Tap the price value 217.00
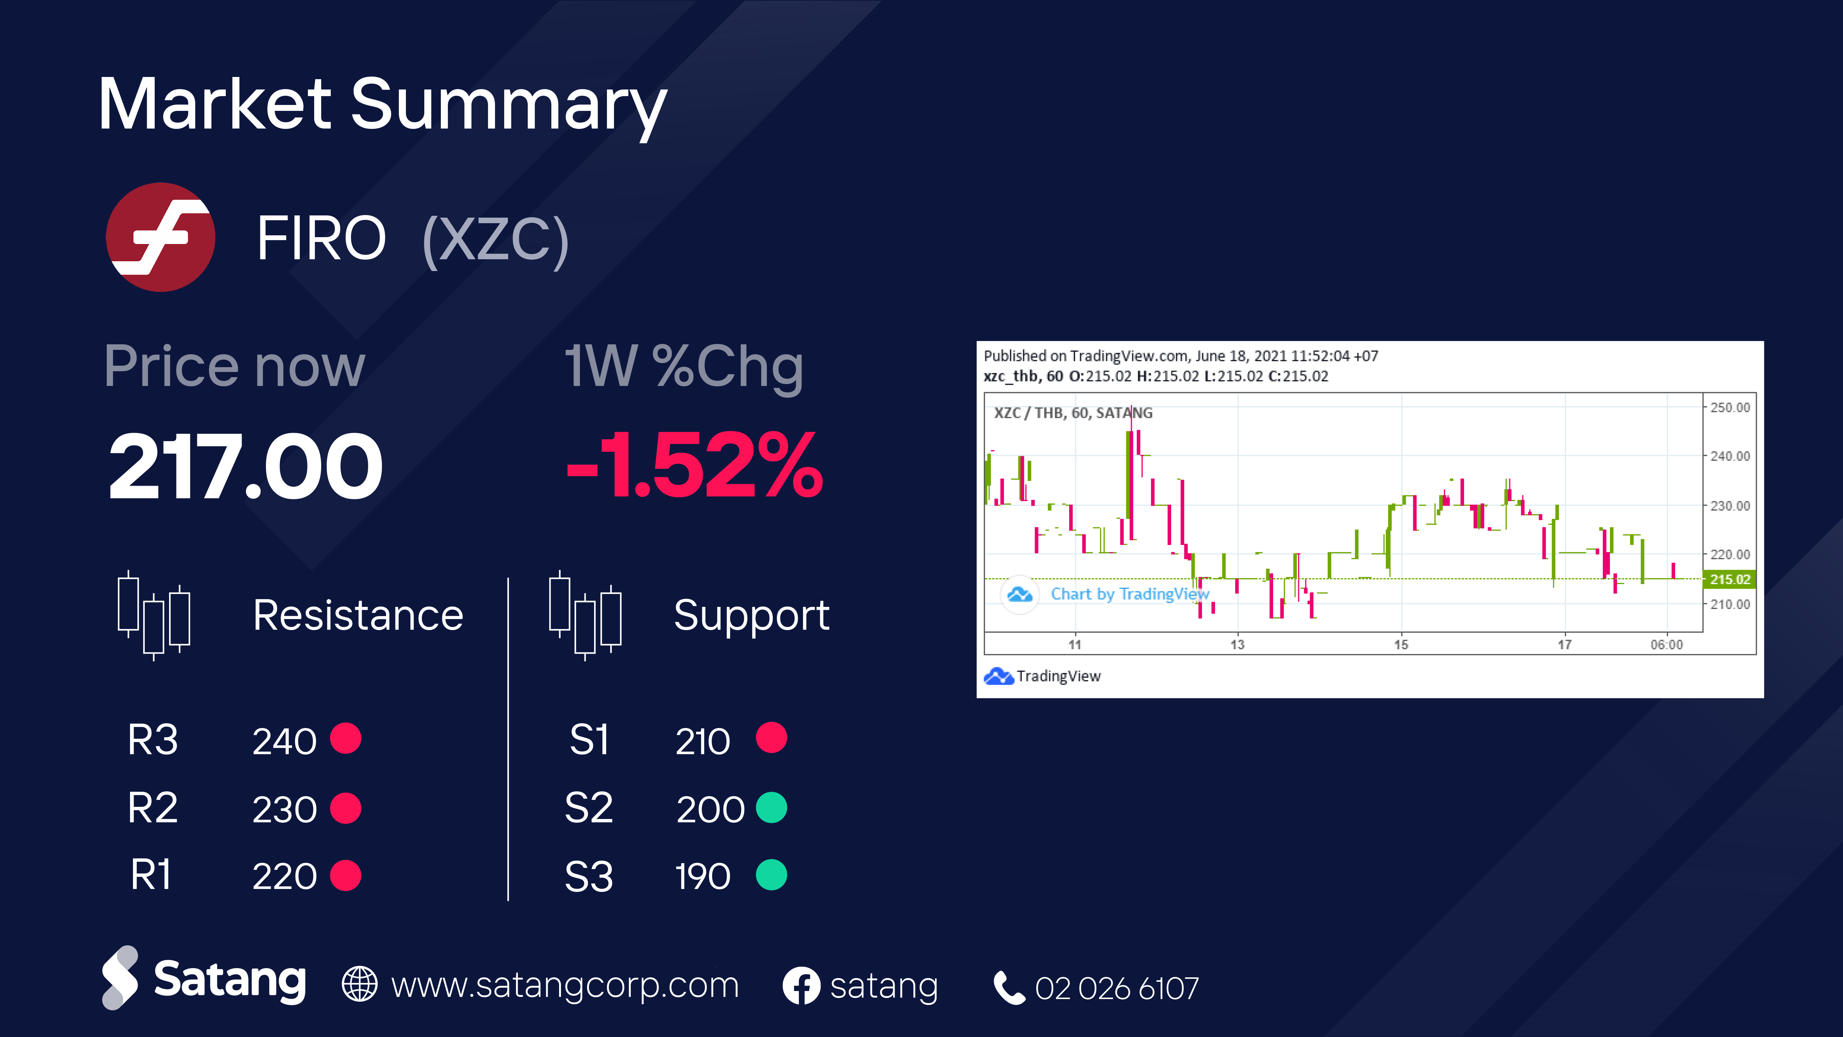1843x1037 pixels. (245, 466)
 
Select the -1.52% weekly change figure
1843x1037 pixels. (694, 466)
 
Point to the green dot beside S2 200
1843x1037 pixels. (771, 808)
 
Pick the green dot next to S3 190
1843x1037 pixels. (771, 875)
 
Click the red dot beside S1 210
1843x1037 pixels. (771, 737)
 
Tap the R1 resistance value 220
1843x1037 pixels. (284, 876)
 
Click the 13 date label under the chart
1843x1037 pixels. (1237, 644)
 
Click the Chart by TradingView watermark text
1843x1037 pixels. (1130, 594)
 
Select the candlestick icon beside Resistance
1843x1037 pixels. (154, 615)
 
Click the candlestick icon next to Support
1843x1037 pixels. (585, 615)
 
